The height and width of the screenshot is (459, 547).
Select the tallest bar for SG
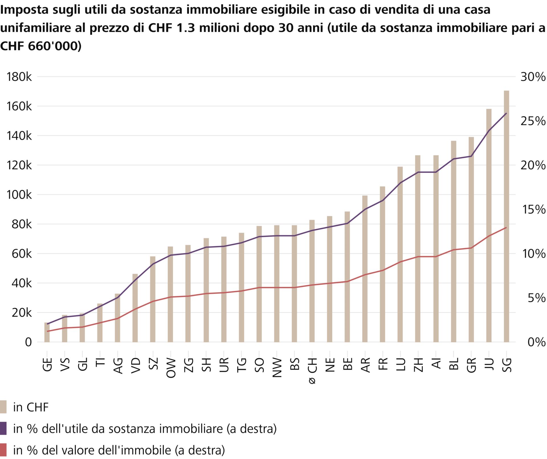(x=506, y=216)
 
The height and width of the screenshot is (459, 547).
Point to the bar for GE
(x=47, y=332)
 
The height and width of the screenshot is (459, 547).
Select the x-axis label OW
(x=171, y=368)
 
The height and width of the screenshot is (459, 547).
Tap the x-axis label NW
(x=277, y=368)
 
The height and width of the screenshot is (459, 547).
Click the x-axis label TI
(x=100, y=362)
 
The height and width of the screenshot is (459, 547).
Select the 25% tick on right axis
(x=533, y=121)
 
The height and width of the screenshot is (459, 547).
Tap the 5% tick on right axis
(x=536, y=298)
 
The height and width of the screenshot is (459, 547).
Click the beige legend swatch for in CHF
(x=3, y=407)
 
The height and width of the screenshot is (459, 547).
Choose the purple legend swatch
(x=3, y=428)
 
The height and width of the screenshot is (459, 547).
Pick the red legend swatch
(x=3, y=450)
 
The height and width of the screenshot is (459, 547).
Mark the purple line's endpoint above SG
(x=506, y=113)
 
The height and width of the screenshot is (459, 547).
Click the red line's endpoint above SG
(x=506, y=227)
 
